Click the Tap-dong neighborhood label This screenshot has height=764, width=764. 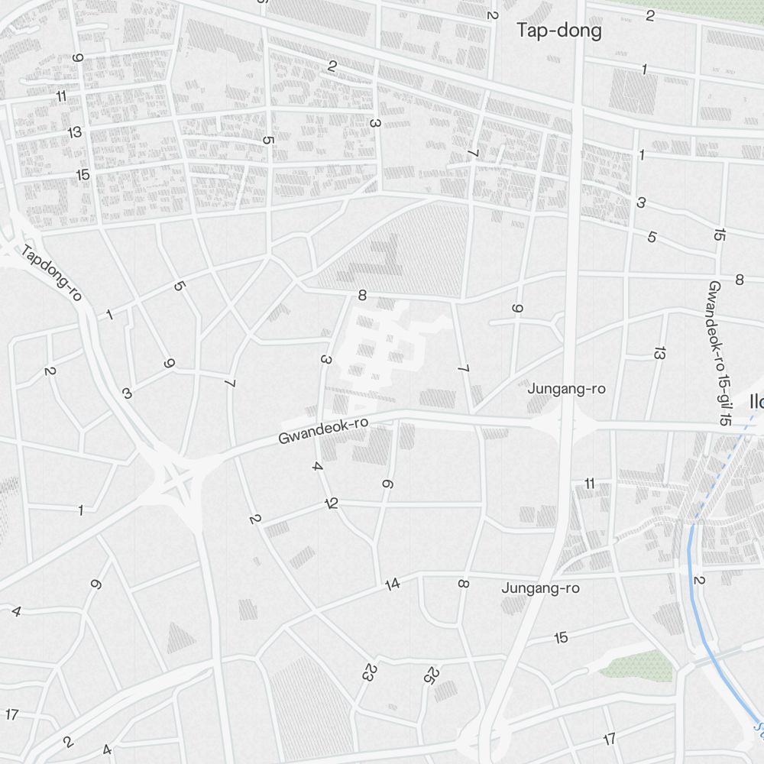pyautogui.click(x=558, y=31)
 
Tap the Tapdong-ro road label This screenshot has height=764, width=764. pyautogui.click(x=51, y=273)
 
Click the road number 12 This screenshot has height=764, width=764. pyautogui.click(x=331, y=503)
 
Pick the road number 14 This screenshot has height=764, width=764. pyautogui.click(x=393, y=585)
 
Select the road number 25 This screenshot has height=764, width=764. pyautogui.click(x=432, y=675)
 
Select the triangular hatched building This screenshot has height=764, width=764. pyautogui.click(x=180, y=638)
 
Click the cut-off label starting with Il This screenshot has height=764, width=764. pyautogui.click(x=756, y=402)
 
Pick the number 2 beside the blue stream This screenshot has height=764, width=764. pyautogui.click(x=698, y=581)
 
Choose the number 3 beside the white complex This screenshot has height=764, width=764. pyautogui.click(x=325, y=360)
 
